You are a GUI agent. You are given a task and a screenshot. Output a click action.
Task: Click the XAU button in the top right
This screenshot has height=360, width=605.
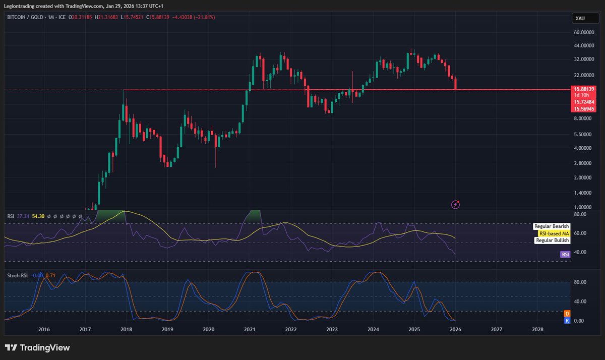581,19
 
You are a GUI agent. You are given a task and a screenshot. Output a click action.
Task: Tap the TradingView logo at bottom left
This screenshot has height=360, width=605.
37,347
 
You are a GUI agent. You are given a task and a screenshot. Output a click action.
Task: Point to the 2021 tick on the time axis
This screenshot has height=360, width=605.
250,329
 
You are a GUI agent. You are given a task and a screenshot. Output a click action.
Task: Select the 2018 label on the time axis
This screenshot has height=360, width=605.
126,329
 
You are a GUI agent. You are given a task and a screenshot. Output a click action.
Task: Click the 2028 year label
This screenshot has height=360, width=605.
537,329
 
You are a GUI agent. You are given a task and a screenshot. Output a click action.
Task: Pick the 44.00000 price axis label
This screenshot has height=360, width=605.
583,45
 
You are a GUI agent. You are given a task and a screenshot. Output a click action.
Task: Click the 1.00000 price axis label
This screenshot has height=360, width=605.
583,207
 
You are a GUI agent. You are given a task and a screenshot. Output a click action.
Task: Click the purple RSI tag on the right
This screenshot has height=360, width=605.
565,255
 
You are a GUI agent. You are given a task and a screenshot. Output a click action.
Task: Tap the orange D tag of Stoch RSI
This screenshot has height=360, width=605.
567,314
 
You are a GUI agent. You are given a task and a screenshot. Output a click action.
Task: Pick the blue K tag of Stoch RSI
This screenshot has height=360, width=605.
567,321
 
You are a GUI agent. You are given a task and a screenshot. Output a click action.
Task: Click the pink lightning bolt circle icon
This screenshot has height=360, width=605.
456,204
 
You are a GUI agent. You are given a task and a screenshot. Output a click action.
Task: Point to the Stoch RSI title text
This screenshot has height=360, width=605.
17,275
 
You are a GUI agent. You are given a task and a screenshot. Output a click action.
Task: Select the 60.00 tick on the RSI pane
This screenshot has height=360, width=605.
579,233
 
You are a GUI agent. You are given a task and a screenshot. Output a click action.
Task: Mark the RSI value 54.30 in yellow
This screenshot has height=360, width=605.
38,216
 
